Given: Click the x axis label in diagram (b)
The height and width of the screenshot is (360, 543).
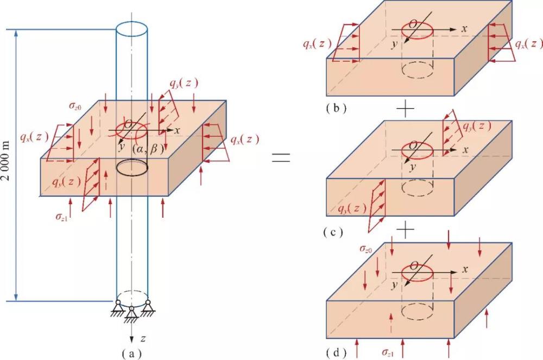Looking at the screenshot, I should point(464,28).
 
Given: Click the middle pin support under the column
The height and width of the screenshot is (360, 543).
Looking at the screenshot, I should point(131,312).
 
